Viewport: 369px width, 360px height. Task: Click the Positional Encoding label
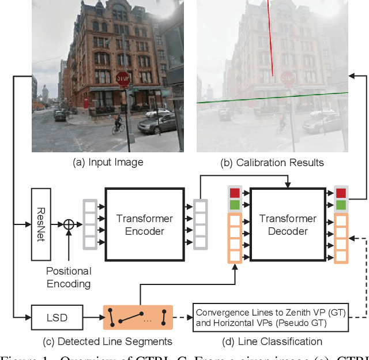tap(69, 276)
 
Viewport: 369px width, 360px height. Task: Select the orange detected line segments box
tap(138, 317)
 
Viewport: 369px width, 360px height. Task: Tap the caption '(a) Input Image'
tap(108, 163)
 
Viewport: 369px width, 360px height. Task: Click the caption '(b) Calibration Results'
tap(272, 163)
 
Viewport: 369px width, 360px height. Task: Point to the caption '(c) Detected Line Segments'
tap(108, 341)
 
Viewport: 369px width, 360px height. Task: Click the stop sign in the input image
tap(123, 79)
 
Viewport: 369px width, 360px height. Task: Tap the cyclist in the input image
tap(118, 123)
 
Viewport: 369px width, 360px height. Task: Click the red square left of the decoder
tap(235, 193)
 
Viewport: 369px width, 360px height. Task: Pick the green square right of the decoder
tap(341, 205)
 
